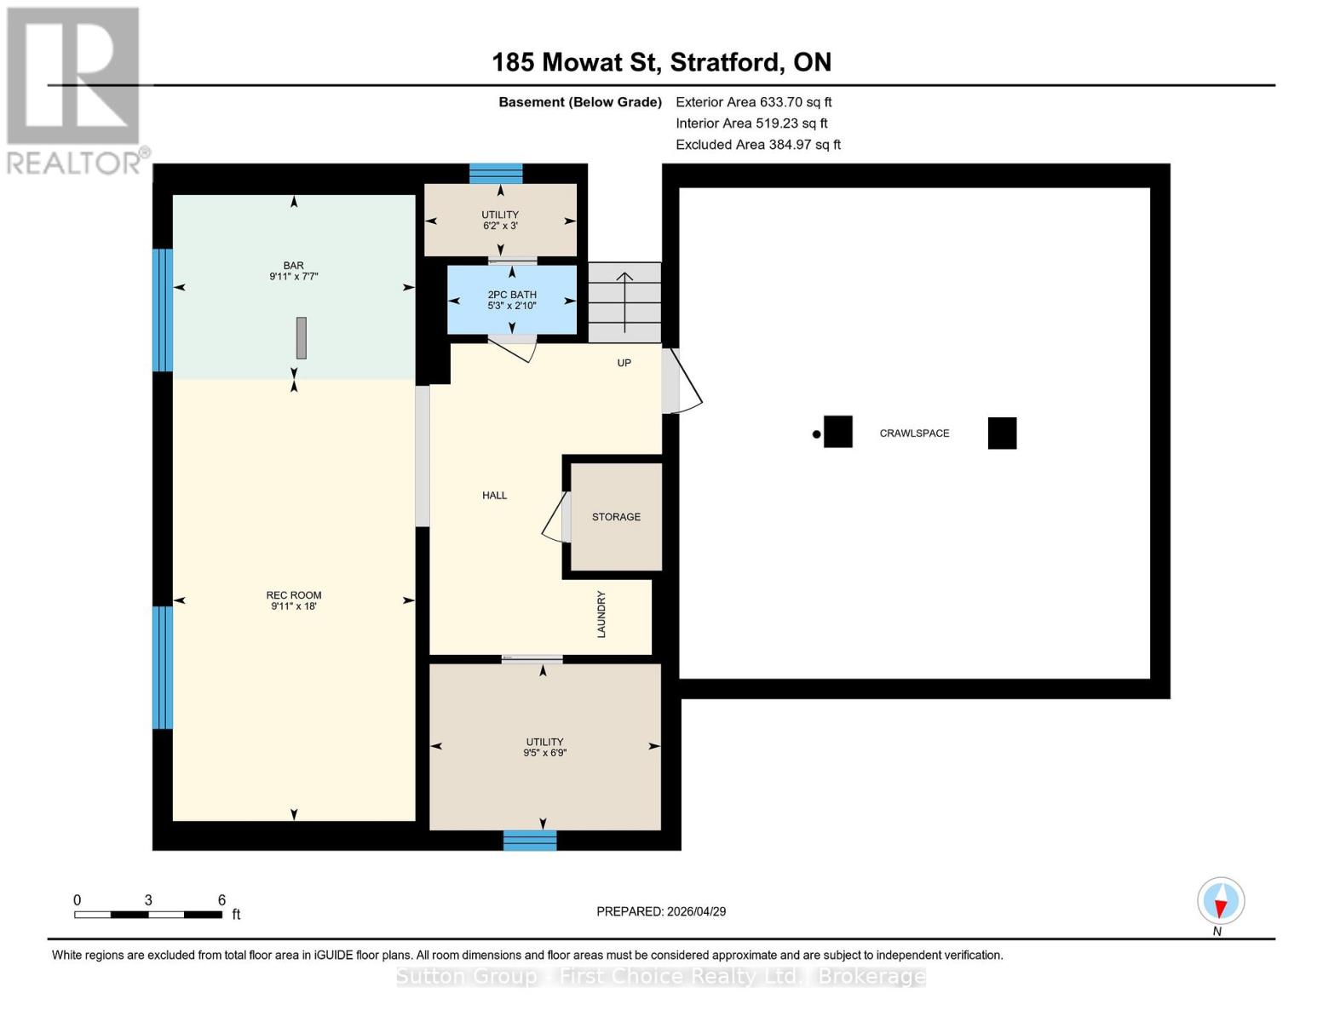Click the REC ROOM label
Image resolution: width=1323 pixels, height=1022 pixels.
pyautogui.click(x=294, y=595)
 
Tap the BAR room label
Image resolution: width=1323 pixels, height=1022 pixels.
pyautogui.click(x=293, y=266)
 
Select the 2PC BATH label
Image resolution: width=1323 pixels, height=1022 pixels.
pyautogui.click(x=512, y=295)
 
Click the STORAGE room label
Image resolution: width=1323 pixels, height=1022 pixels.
pyautogui.click(x=616, y=517)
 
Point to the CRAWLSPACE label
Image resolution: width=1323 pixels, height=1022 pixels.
pyautogui.click(x=914, y=433)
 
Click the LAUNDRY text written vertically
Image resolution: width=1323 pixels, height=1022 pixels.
pyautogui.click(x=601, y=614)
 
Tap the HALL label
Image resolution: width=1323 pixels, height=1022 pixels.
pyautogui.click(x=494, y=495)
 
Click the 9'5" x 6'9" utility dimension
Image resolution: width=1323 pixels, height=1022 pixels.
pyautogui.click(x=544, y=753)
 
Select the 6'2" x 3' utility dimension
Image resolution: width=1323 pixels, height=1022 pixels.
pyautogui.click(x=500, y=227)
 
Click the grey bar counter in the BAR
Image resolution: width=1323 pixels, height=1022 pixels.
pyautogui.click(x=301, y=338)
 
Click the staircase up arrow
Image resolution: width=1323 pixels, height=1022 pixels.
pyautogui.click(x=624, y=301)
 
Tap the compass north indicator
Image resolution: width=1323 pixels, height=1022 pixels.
pyautogui.click(x=1221, y=901)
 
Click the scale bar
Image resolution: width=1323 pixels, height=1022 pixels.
pyautogui.click(x=148, y=915)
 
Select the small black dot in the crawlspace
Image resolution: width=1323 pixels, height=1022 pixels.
pyautogui.click(x=816, y=434)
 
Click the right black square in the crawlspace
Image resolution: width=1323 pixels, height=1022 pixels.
pyautogui.click(x=1002, y=433)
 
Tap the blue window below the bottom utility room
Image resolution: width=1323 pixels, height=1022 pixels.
pyautogui.click(x=530, y=841)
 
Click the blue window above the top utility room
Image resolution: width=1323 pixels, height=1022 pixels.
pyautogui.click(x=496, y=174)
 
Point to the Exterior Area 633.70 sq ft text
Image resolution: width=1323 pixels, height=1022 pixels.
pyautogui.click(x=753, y=102)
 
